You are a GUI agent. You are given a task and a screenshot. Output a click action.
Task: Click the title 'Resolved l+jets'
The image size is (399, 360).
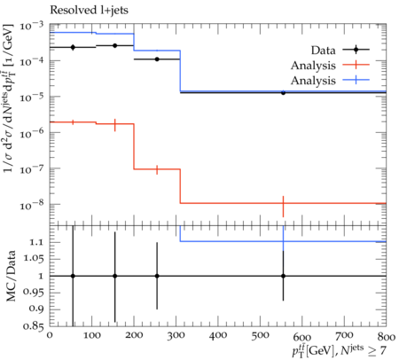tap(89, 11)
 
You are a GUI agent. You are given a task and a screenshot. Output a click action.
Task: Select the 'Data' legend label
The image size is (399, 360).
tap(324, 51)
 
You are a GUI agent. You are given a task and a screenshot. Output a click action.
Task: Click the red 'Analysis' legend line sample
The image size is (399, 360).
tap(356, 65)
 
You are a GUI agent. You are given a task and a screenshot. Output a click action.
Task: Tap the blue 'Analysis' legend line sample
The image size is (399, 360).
tap(356, 80)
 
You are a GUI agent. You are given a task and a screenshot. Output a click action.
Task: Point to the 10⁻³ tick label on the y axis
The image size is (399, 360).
tap(32, 27)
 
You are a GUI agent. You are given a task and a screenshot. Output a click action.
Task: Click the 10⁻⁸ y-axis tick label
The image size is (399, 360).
tap(32, 205)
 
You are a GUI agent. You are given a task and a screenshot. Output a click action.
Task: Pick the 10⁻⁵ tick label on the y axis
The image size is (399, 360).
tap(32, 98)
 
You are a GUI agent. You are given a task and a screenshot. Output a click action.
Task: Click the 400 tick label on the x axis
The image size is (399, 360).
tap(218, 336)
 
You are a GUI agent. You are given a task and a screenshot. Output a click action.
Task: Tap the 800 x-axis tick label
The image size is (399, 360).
tap(387, 336)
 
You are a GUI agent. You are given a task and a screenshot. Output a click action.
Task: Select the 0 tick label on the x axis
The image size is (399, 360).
tap(50, 336)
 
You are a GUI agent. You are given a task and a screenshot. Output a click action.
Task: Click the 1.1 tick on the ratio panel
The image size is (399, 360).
tap(37, 243)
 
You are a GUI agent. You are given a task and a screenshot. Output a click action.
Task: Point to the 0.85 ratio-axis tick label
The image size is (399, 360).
tap(34, 326)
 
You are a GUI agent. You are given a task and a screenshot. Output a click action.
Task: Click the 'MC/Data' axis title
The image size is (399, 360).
tap(11, 276)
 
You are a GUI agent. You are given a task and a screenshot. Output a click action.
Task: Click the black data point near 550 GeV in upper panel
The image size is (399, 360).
tap(283, 92)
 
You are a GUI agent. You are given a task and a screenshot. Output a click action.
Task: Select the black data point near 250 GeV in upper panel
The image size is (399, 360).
tap(157, 59)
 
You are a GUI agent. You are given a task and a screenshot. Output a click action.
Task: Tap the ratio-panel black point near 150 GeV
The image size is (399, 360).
tap(115, 276)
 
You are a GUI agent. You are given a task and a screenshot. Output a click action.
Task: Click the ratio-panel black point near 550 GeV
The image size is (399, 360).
tap(283, 276)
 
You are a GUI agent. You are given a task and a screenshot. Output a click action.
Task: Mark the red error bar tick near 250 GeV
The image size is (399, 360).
tap(157, 169)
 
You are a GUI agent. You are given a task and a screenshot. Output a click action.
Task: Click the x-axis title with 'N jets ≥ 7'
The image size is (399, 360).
tap(339, 351)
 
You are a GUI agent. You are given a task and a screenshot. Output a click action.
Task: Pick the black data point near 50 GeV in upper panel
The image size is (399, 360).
tap(73, 47)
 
